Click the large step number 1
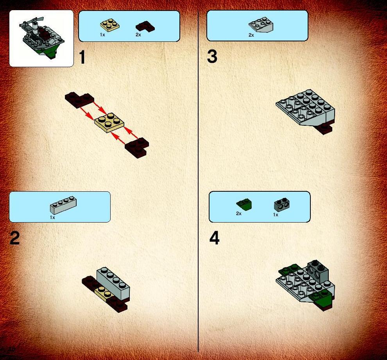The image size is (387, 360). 82,57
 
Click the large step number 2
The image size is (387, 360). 14,238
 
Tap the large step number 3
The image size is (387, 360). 212,57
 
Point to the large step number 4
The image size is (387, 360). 214,239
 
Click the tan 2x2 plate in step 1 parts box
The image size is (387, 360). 110,25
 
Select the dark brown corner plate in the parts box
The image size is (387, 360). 145,27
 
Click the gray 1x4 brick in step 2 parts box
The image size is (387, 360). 63,205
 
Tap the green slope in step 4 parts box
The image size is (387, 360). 244,204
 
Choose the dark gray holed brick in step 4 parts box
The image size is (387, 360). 281,205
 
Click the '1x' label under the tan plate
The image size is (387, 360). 102,35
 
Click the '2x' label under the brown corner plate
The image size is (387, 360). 138,35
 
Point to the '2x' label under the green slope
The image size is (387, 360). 239,214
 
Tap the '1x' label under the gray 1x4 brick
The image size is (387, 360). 52,217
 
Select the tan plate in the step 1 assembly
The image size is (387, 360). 109,123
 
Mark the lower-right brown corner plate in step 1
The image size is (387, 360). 137,148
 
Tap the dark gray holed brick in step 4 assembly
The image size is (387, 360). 318,270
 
